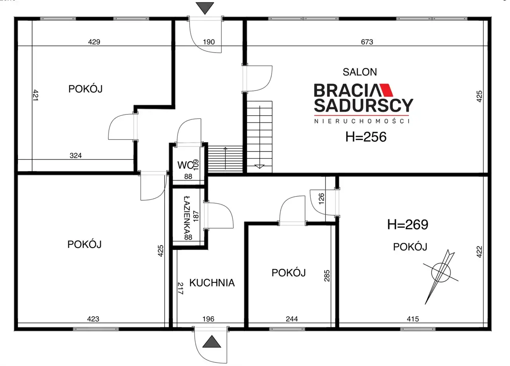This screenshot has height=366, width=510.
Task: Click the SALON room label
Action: point(360,72)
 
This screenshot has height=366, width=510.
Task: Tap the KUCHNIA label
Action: point(212,283)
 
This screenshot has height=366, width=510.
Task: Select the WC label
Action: point(185,165)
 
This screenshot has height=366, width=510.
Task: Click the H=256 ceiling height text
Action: point(366,137)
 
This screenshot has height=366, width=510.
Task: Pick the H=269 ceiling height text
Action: point(408,224)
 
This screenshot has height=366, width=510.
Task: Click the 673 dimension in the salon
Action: point(367,42)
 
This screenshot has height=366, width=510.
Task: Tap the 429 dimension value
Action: point(94,42)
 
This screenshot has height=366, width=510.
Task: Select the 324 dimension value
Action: point(76,155)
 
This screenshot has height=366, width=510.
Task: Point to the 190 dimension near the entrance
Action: point(209,42)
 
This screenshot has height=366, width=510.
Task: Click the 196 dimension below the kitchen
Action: point(208,319)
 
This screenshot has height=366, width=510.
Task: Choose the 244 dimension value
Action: point(292,319)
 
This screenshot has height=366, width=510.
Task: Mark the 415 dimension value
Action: point(413,319)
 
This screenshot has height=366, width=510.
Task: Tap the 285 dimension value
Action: point(327,276)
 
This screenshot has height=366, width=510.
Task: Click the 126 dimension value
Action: point(321,199)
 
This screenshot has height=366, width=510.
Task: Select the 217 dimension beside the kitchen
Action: point(180,288)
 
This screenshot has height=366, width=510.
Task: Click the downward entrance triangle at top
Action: point(205,7)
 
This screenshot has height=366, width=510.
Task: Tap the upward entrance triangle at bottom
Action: point(212,342)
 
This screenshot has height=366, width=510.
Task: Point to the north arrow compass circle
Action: point(441,273)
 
